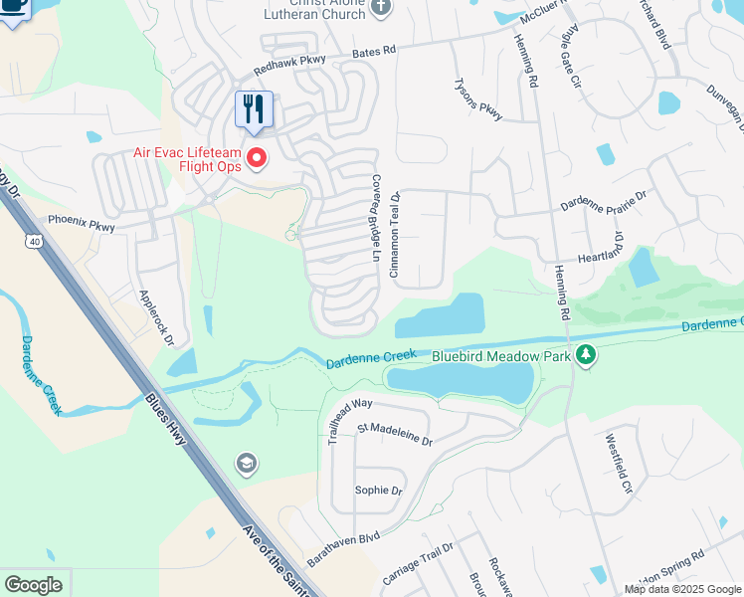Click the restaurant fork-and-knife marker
(x=254, y=108)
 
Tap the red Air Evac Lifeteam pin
(x=257, y=157)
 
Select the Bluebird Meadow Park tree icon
(x=587, y=354)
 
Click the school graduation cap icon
(x=246, y=463)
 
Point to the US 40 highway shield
(x=34, y=241)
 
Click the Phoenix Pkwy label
(x=82, y=224)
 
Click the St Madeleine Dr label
(x=395, y=435)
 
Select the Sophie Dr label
(x=379, y=491)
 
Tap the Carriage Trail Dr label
(x=418, y=565)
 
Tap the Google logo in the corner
(x=33, y=585)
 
